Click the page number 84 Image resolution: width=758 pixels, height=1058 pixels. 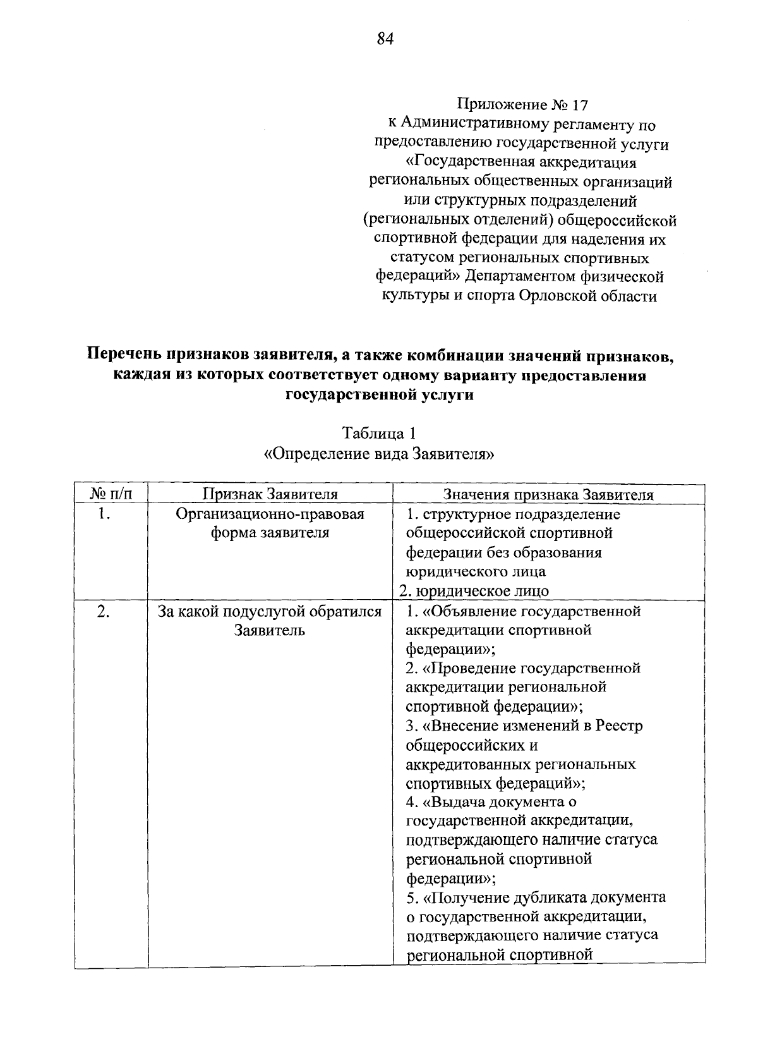click(x=385, y=39)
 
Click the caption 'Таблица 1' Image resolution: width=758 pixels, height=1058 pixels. click(x=378, y=434)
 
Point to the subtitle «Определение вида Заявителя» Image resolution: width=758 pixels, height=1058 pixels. click(x=378, y=453)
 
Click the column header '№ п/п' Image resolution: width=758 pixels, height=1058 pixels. click(x=111, y=494)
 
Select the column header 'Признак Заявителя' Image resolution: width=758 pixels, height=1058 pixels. click(x=270, y=494)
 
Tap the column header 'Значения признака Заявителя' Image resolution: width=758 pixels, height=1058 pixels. click(x=548, y=495)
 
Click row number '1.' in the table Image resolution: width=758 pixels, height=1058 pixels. click(x=105, y=514)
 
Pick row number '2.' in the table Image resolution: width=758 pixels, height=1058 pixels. click(x=105, y=611)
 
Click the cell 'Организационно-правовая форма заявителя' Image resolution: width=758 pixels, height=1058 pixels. click(x=270, y=523)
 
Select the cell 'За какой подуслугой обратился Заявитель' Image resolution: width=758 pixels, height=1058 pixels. click(x=270, y=621)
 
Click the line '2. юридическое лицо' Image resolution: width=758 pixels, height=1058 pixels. click(x=474, y=591)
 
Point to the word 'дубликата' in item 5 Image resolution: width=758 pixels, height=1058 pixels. click(x=537, y=897)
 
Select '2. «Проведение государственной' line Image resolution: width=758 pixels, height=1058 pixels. click(x=523, y=668)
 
